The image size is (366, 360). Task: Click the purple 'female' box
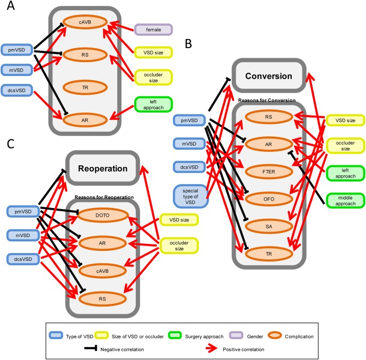point(153,29)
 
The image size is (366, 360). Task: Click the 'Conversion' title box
point(268,76)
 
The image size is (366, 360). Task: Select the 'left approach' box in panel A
point(153,104)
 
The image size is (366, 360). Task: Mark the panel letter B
point(188,44)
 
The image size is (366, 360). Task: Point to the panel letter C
point(10,144)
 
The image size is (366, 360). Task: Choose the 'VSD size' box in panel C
point(180,219)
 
